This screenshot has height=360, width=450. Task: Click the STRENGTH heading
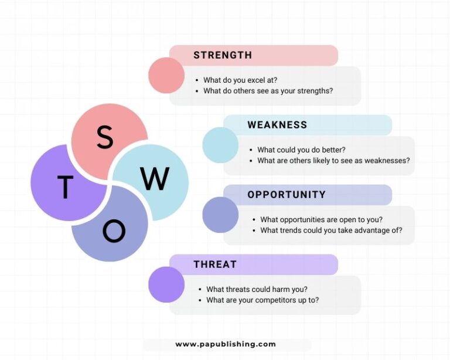click(x=223, y=55)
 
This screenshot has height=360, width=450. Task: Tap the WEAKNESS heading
click(x=277, y=125)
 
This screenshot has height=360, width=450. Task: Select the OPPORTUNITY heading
click(x=287, y=195)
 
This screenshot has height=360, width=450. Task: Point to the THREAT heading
click(x=215, y=264)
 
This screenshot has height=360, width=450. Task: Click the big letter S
click(x=105, y=137)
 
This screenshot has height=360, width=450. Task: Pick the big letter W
click(x=155, y=179)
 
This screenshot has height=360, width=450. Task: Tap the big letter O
click(x=114, y=231)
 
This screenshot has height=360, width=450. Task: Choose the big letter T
click(x=65, y=187)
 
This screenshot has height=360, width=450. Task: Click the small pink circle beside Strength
click(x=166, y=75)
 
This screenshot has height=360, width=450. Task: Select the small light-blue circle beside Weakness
click(x=220, y=145)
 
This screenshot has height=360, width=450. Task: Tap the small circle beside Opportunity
click(x=220, y=215)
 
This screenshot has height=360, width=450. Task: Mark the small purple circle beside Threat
click(x=166, y=284)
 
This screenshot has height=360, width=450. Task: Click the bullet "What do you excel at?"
click(x=240, y=80)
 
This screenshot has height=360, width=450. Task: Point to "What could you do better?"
click(x=301, y=150)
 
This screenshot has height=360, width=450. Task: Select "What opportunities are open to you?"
click(x=322, y=220)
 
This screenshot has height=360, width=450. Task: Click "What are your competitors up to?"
click(x=262, y=300)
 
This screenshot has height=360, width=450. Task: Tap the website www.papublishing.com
click(x=226, y=344)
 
